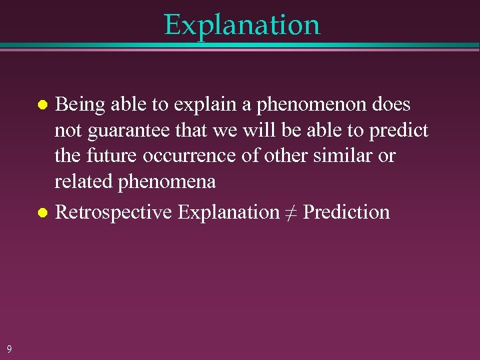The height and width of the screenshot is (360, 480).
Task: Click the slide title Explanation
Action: point(242,25)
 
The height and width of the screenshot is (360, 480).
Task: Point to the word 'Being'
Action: point(79,105)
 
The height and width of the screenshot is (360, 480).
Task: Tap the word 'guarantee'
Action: point(127,131)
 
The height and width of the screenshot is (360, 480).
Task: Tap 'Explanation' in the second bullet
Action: point(229,213)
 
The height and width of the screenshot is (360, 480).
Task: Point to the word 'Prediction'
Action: point(347,213)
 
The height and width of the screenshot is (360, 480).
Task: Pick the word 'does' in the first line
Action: point(391,105)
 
